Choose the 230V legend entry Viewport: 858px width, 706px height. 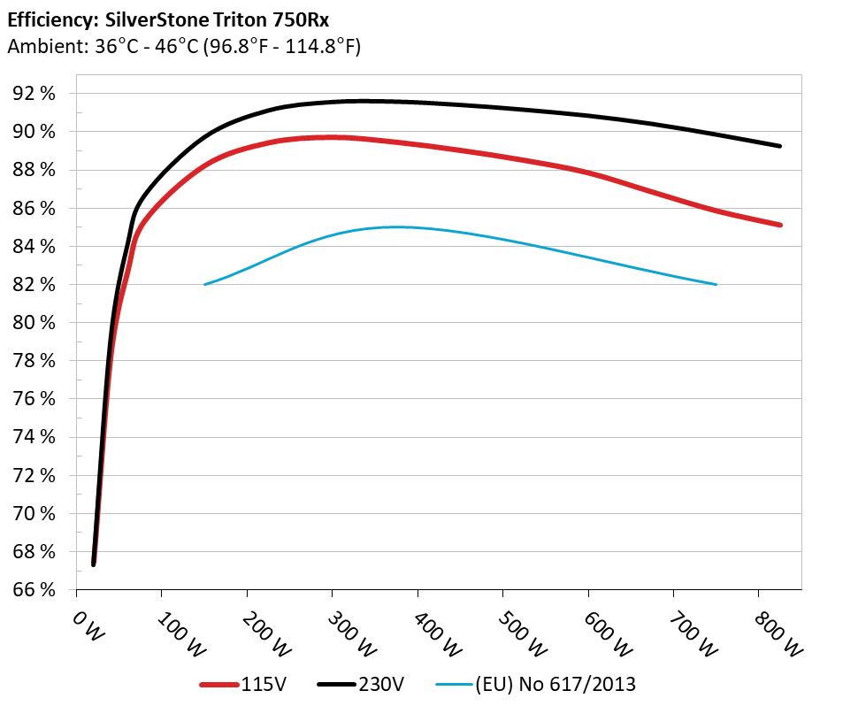click(381, 684)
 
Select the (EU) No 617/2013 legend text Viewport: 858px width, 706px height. click(555, 684)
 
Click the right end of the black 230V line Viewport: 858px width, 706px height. click(780, 146)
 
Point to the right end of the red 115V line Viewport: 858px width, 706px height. click(780, 225)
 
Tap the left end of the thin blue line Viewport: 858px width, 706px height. click(205, 284)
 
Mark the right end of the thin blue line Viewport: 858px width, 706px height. click(716, 284)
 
